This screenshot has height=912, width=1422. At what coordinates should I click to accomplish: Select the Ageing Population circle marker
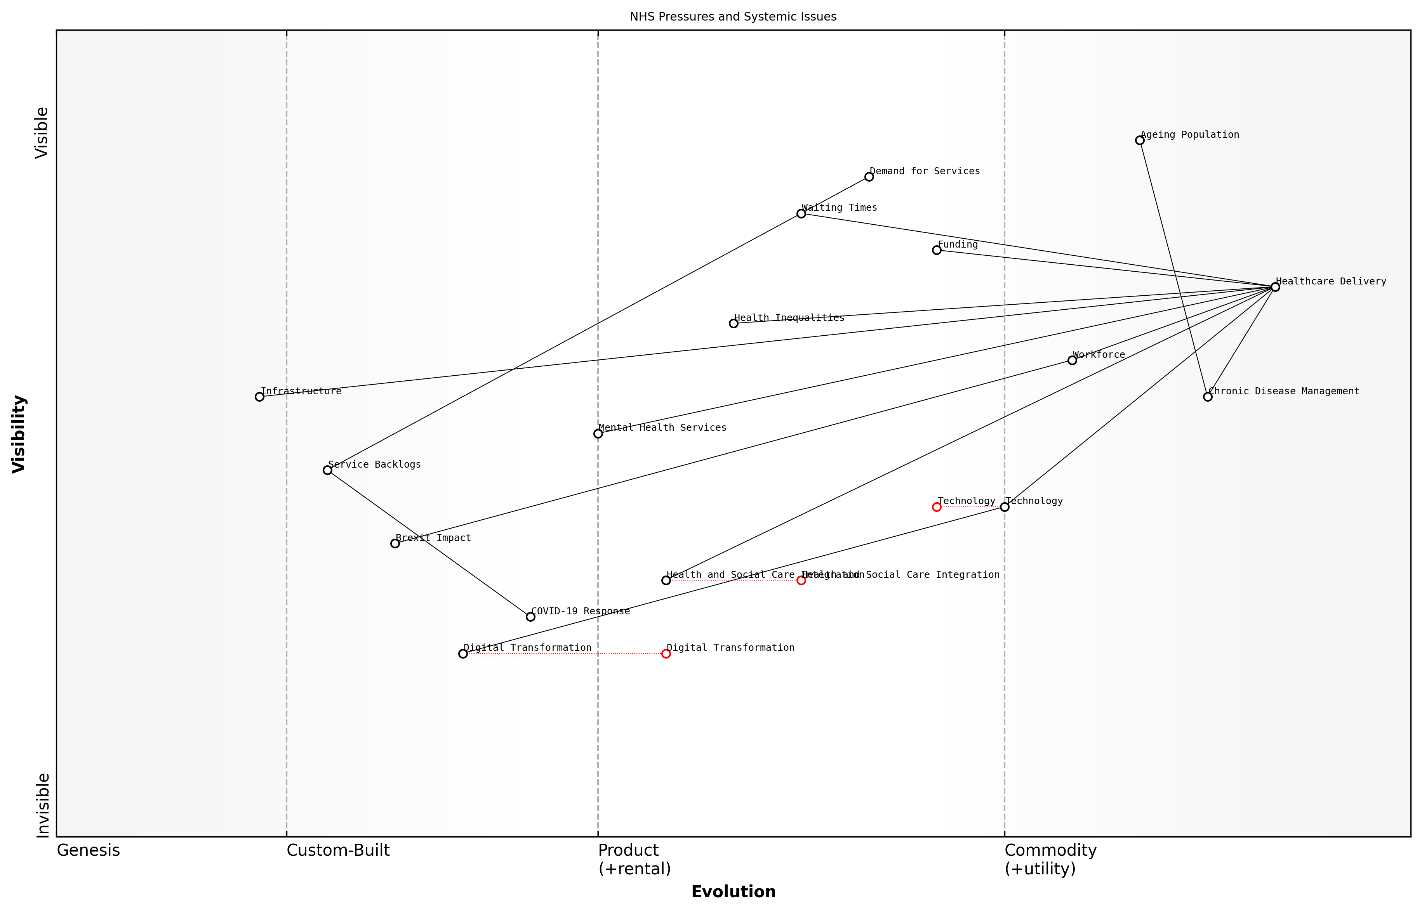pos(1139,140)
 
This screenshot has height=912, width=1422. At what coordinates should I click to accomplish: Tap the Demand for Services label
pos(924,171)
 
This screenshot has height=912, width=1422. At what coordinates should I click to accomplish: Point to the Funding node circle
pos(937,250)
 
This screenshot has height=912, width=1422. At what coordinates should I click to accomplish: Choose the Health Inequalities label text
pos(789,318)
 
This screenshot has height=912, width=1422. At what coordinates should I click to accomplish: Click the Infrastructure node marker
pos(259,397)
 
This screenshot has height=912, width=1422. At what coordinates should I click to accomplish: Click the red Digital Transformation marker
pos(666,654)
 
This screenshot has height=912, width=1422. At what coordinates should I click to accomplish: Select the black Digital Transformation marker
pos(463,654)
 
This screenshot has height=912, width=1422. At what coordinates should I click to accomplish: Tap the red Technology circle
pos(937,507)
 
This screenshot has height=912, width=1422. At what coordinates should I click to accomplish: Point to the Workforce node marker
pos(1072,360)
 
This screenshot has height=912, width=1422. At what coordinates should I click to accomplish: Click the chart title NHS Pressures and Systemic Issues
pos(733,17)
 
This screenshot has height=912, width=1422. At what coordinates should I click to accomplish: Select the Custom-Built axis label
pos(338,850)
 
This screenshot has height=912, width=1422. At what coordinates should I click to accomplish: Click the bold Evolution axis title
pos(733,892)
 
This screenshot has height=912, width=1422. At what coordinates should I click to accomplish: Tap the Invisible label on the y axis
pos(43,805)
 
